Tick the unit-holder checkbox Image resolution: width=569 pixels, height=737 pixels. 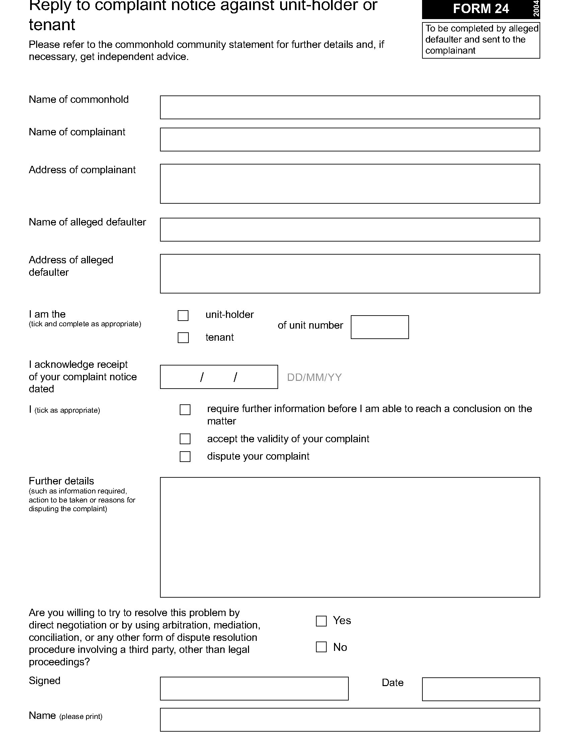point(183,316)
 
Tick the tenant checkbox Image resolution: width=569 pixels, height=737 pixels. point(183,338)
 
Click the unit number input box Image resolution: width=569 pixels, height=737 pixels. point(380,327)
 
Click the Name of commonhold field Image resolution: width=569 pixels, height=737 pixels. point(349,107)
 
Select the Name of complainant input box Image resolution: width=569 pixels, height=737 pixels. point(349,139)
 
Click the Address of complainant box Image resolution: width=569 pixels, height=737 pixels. point(349,184)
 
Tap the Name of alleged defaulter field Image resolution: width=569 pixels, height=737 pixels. point(349,229)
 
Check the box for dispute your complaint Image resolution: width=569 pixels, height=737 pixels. point(185,457)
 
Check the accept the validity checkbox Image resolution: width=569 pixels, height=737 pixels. point(185,439)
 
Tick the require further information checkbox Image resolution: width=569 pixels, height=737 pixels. point(185,410)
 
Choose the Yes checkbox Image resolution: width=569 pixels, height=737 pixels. point(321,621)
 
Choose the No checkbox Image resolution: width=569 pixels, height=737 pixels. point(321,647)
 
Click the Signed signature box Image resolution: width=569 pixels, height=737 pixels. point(254,688)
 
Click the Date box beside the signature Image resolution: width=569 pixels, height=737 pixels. point(481,689)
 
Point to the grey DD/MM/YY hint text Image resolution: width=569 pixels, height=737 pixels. point(314,377)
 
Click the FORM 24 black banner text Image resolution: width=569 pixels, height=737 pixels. point(480,9)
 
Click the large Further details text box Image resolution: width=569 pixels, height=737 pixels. point(349,537)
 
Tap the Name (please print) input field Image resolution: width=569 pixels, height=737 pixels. point(349,720)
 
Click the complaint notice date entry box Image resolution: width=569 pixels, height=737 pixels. point(219,377)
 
